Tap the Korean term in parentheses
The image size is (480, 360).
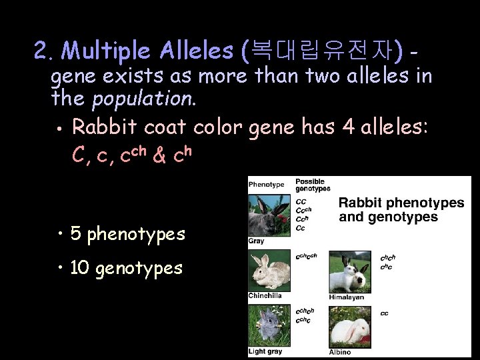tap(324, 49)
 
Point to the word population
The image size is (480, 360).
tap(143, 100)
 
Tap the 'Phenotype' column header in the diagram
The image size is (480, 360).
tap(266, 185)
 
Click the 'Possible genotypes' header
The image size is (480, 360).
tap(312, 185)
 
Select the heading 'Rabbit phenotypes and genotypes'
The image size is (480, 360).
tap(401, 209)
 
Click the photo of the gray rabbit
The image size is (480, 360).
tap(269, 215)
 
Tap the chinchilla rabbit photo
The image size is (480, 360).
tap(269, 271)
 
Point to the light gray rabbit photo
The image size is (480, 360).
tap(269, 327)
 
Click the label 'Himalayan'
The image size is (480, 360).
tap(347, 297)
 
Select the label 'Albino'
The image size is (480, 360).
tap(339, 351)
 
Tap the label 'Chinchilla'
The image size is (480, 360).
tap(265, 295)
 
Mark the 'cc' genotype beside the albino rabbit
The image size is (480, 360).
tap(385, 313)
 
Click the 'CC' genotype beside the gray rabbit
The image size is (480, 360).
tap(301, 201)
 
